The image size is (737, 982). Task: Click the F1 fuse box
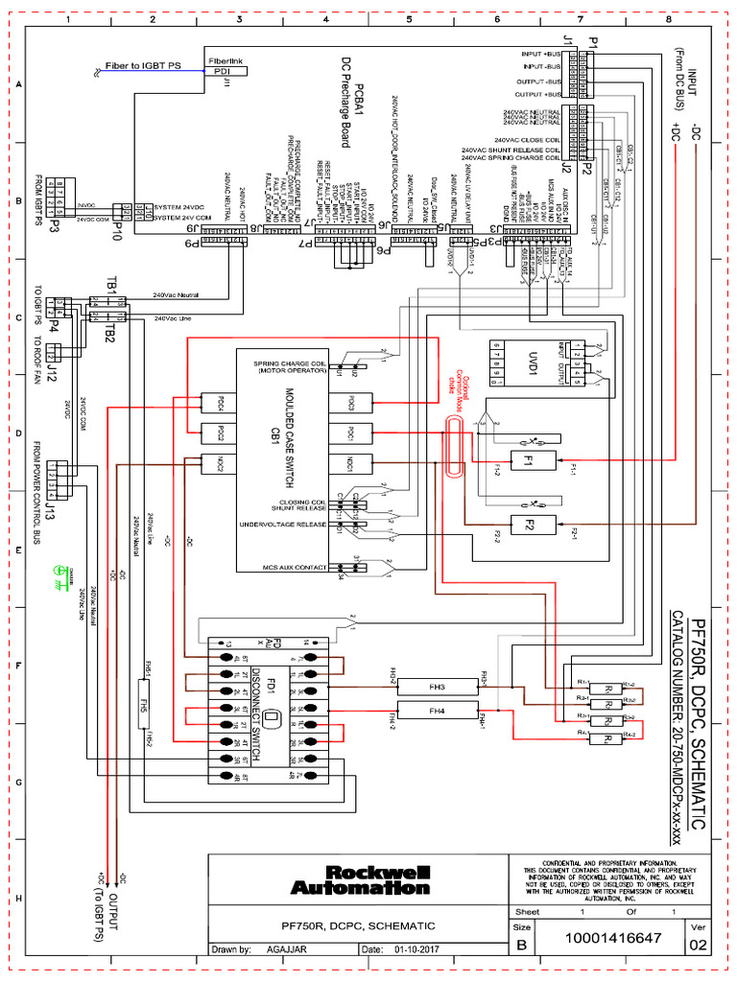525,460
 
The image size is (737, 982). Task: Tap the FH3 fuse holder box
438,686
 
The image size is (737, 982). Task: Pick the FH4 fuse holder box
438,711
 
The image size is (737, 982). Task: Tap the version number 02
695,945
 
